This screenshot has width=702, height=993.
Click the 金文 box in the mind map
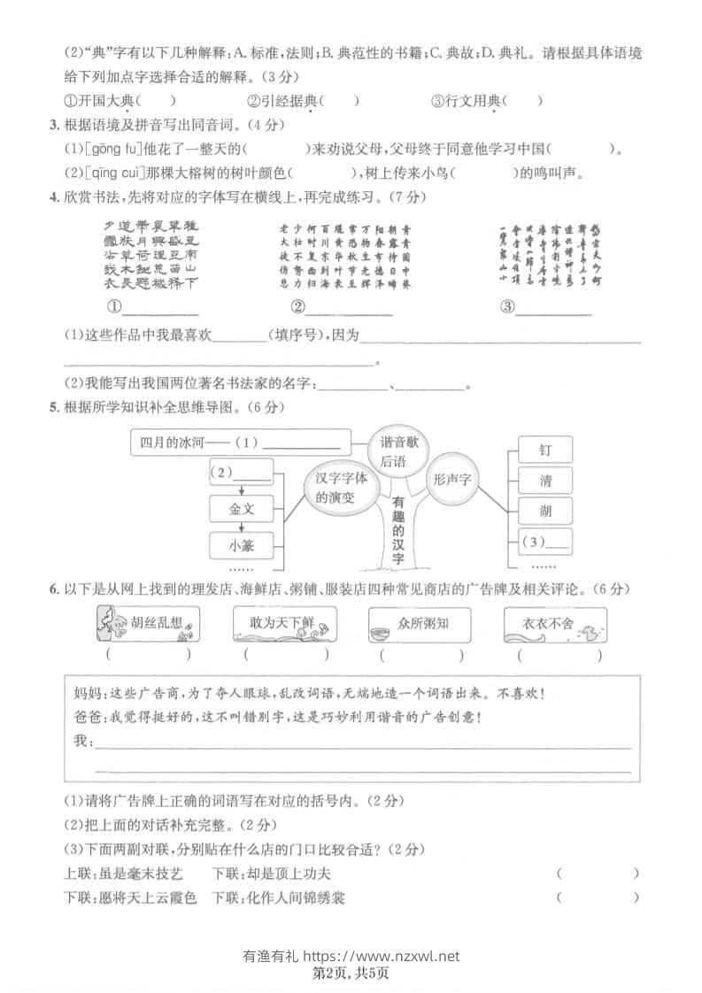click(241, 509)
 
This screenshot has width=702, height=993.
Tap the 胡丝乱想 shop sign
click(146, 625)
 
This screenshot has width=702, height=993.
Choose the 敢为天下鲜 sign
click(284, 625)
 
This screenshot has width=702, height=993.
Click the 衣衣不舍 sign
click(556, 625)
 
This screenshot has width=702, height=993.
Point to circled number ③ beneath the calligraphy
click(507, 307)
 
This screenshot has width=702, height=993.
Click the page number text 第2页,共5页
click(351, 973)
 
